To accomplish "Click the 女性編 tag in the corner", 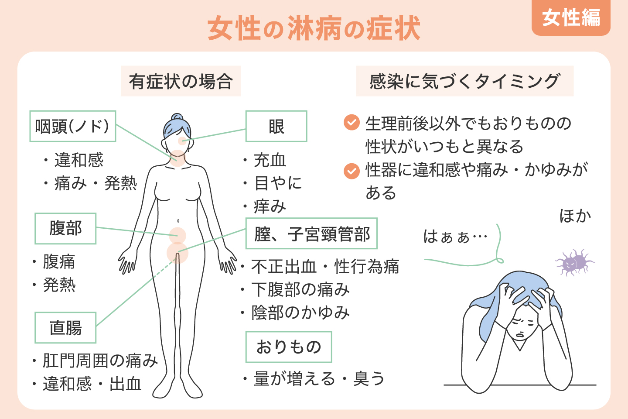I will click(571, 18).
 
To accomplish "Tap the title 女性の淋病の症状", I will click(314, 29).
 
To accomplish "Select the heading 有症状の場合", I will click(181, 81).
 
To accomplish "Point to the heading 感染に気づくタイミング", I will click(464, 81).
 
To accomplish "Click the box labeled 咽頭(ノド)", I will click(72, 126).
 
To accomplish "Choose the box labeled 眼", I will click(276, 126).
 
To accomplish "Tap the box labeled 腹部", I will click(65, 228).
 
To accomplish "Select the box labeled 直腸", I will click(65, 327).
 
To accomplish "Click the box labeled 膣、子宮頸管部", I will click(311, 234).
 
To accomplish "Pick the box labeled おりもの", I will click(288, 347).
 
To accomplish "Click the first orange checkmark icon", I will click(352, 123).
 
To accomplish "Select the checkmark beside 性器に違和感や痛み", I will click(352, 171).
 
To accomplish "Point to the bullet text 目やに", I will click(278, 183).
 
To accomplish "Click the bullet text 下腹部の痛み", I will click(300, 289).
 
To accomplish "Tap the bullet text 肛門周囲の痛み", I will click(100, 361).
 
